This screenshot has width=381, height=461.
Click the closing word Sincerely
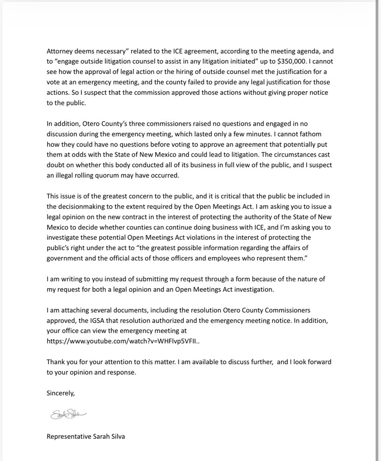pos(60,393)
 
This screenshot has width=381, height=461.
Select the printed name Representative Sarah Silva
pos(85,436)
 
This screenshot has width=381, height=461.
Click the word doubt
pos(56,165)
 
